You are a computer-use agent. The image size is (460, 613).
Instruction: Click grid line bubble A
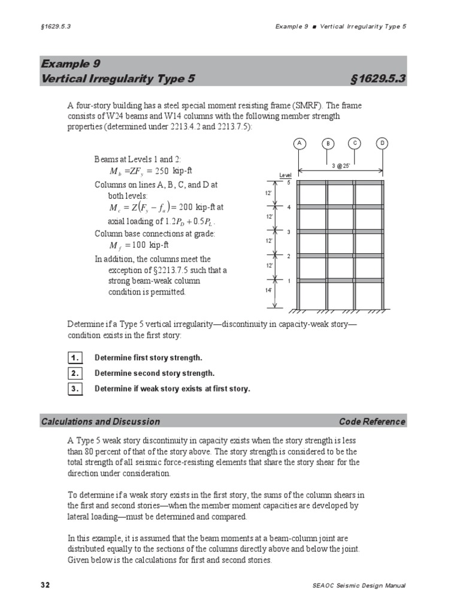point(299,143)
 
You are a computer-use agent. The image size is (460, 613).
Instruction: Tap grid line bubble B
point(328,144)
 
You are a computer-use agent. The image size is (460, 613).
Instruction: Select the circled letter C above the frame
point(355,143)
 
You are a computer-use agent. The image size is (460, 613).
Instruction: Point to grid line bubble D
point(383,143)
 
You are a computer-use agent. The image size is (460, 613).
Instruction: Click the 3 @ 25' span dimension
point(341,165)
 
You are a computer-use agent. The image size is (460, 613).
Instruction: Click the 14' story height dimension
point(269,290)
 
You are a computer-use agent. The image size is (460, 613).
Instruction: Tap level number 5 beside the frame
point(289,182)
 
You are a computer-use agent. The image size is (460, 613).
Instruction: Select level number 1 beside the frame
point(289,280)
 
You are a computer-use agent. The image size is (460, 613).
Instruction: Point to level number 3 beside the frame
point(289,232)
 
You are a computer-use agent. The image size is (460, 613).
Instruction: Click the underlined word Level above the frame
point(285,175)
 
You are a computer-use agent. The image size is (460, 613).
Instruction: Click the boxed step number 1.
point(74,358)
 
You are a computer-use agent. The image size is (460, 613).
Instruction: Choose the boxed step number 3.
point(74,389)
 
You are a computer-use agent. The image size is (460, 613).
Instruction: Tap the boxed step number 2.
point(74,373)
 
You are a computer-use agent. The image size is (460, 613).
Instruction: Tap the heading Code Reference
point(372,421)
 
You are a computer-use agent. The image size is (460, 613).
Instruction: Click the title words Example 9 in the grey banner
point(71,64)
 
